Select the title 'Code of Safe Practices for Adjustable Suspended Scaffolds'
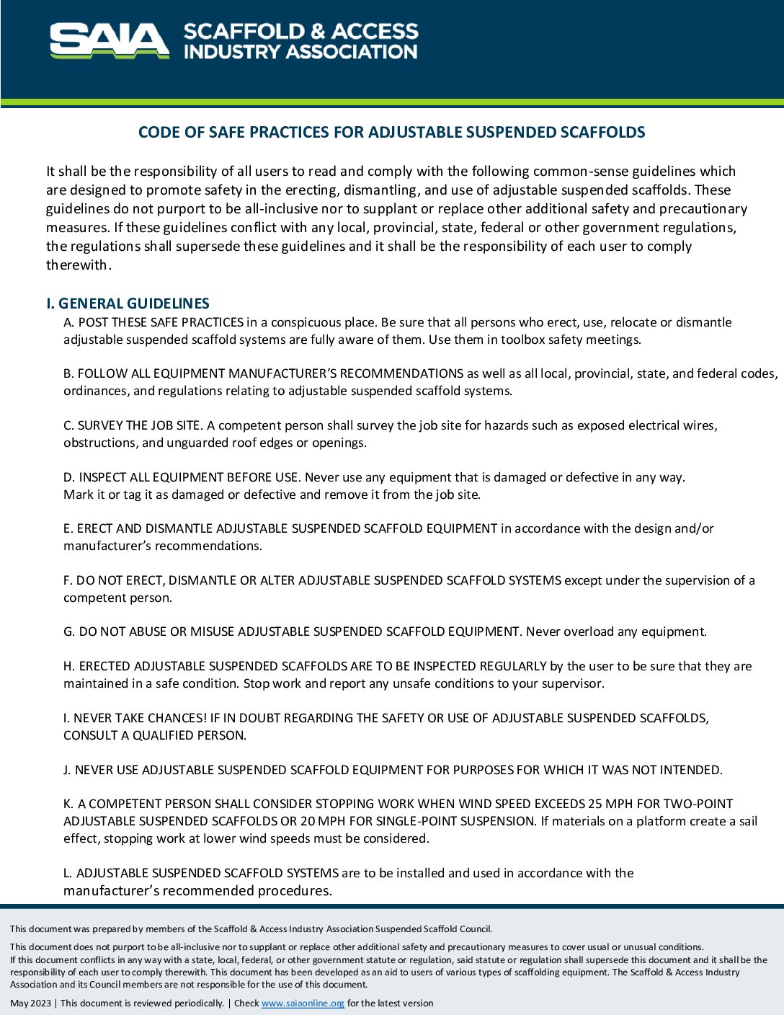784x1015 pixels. point(391,132)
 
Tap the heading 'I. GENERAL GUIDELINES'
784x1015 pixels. point(128,303)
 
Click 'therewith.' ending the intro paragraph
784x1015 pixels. point(79,265)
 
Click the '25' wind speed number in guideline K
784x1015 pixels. point(595,804)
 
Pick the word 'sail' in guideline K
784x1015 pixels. point(747,821)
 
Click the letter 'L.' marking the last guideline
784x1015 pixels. point(68,873)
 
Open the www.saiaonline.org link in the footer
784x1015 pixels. point(303,1003)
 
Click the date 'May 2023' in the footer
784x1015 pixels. point(30,1003)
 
